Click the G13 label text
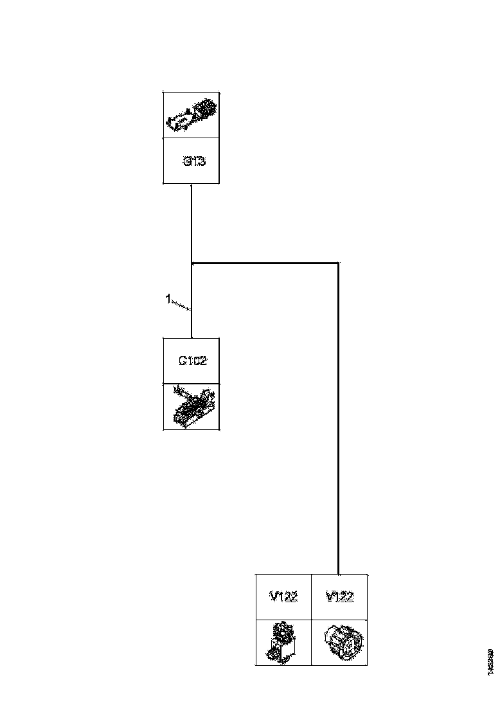(193, 162)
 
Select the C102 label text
(192, 361)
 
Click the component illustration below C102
(191, 407)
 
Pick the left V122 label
(283, 597)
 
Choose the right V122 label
(339, 597)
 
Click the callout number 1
(168, 299)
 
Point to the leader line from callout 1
(181, 305)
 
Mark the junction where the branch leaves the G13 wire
(192, 263)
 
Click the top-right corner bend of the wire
(338, 263)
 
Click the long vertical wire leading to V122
(338, 418)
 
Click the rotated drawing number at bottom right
(490, 661)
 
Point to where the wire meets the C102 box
(192, 337)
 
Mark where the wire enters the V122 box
(338, 574)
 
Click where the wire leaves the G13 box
(192, 184)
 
